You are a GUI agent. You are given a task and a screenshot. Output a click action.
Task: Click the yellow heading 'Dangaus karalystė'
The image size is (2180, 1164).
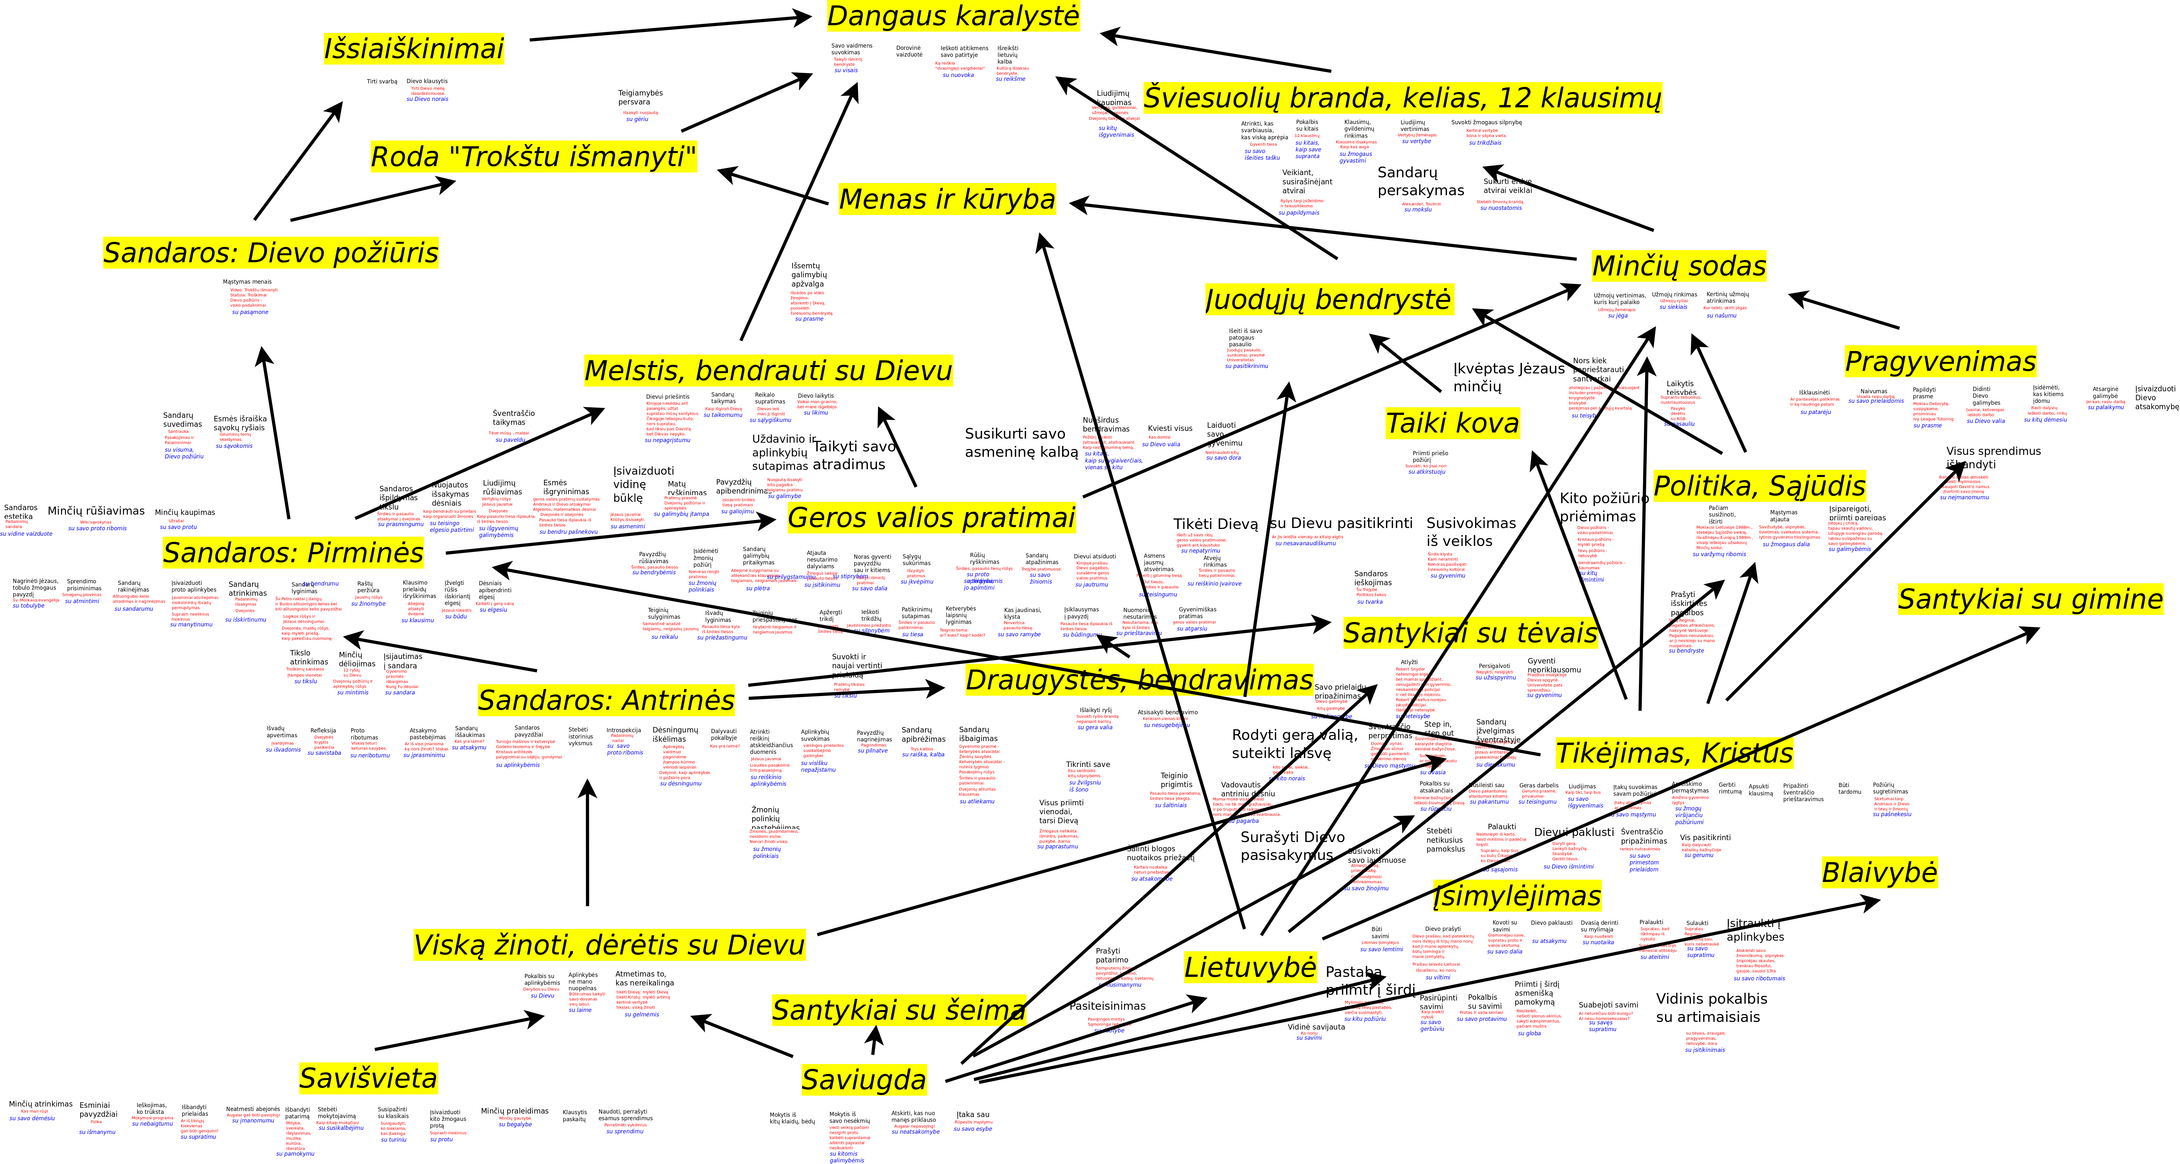click(953, 16)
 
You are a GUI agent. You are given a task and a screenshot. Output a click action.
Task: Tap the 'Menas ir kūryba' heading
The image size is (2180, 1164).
click(947, 199)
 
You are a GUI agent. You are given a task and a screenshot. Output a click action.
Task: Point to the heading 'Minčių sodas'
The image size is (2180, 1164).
click(1679, 266)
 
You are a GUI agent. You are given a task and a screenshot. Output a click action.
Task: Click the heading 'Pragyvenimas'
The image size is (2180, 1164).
click(1940, 362)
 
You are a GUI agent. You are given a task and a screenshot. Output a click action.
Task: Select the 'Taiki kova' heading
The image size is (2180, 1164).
click(1452, 423)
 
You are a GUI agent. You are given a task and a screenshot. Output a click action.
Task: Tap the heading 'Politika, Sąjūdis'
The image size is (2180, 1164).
click(1759, 487)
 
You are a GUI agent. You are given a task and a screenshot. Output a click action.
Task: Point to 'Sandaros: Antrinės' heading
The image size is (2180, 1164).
click(606, 700)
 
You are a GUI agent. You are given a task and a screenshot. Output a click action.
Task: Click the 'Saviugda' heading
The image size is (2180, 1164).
click(864, 1080)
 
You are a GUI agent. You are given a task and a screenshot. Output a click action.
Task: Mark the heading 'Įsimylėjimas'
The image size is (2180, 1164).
click(1517, 896)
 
